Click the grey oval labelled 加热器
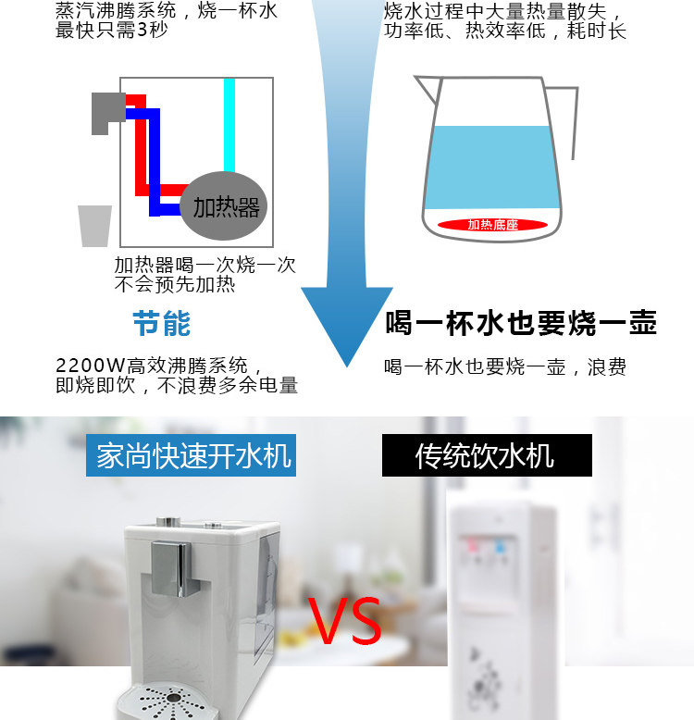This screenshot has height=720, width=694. (227, 205)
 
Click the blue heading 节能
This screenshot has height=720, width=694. (162, 324)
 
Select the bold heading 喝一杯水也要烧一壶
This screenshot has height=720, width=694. (521, 323)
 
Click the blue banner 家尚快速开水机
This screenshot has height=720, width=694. (192, 455)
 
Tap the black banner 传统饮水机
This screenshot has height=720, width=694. (486, 455)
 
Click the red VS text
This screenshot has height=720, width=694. (345, 622)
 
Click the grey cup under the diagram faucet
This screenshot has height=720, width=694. (94, 225)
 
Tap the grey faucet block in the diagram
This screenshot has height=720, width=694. (106, 112)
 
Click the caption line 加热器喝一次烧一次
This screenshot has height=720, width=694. (204, 266)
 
